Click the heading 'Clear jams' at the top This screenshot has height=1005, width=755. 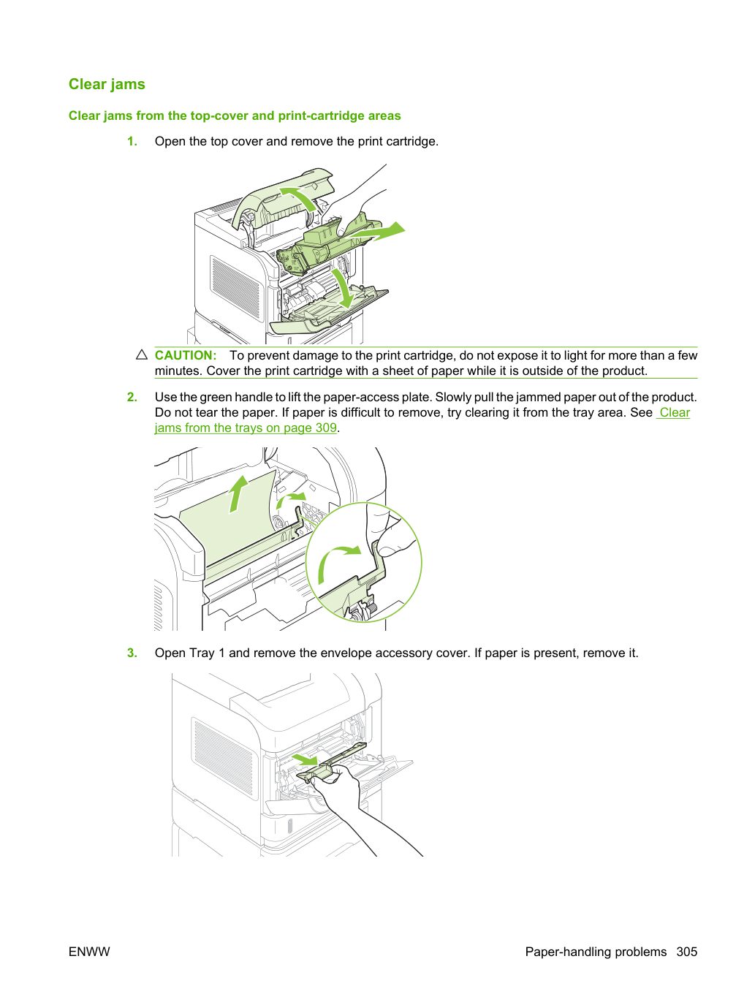click(x=107, y=84)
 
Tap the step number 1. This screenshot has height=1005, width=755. click(x=132, y=142)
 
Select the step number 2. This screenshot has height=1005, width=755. click(x=132, y=397)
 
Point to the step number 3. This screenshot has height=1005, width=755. click(x=132, y=653)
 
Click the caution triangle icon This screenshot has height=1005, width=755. click(x=142, y=354)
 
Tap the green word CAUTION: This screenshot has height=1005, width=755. click(x=186, y=355)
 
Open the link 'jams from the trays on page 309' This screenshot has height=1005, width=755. click(x=246, y=428)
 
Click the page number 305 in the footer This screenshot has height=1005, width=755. click(x=687, y=952)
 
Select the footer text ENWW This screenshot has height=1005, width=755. click(x=89, y=952)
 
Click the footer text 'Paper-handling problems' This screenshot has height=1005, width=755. click(x=596, y=952)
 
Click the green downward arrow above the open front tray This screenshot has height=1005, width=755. click(x=343, y=289)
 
